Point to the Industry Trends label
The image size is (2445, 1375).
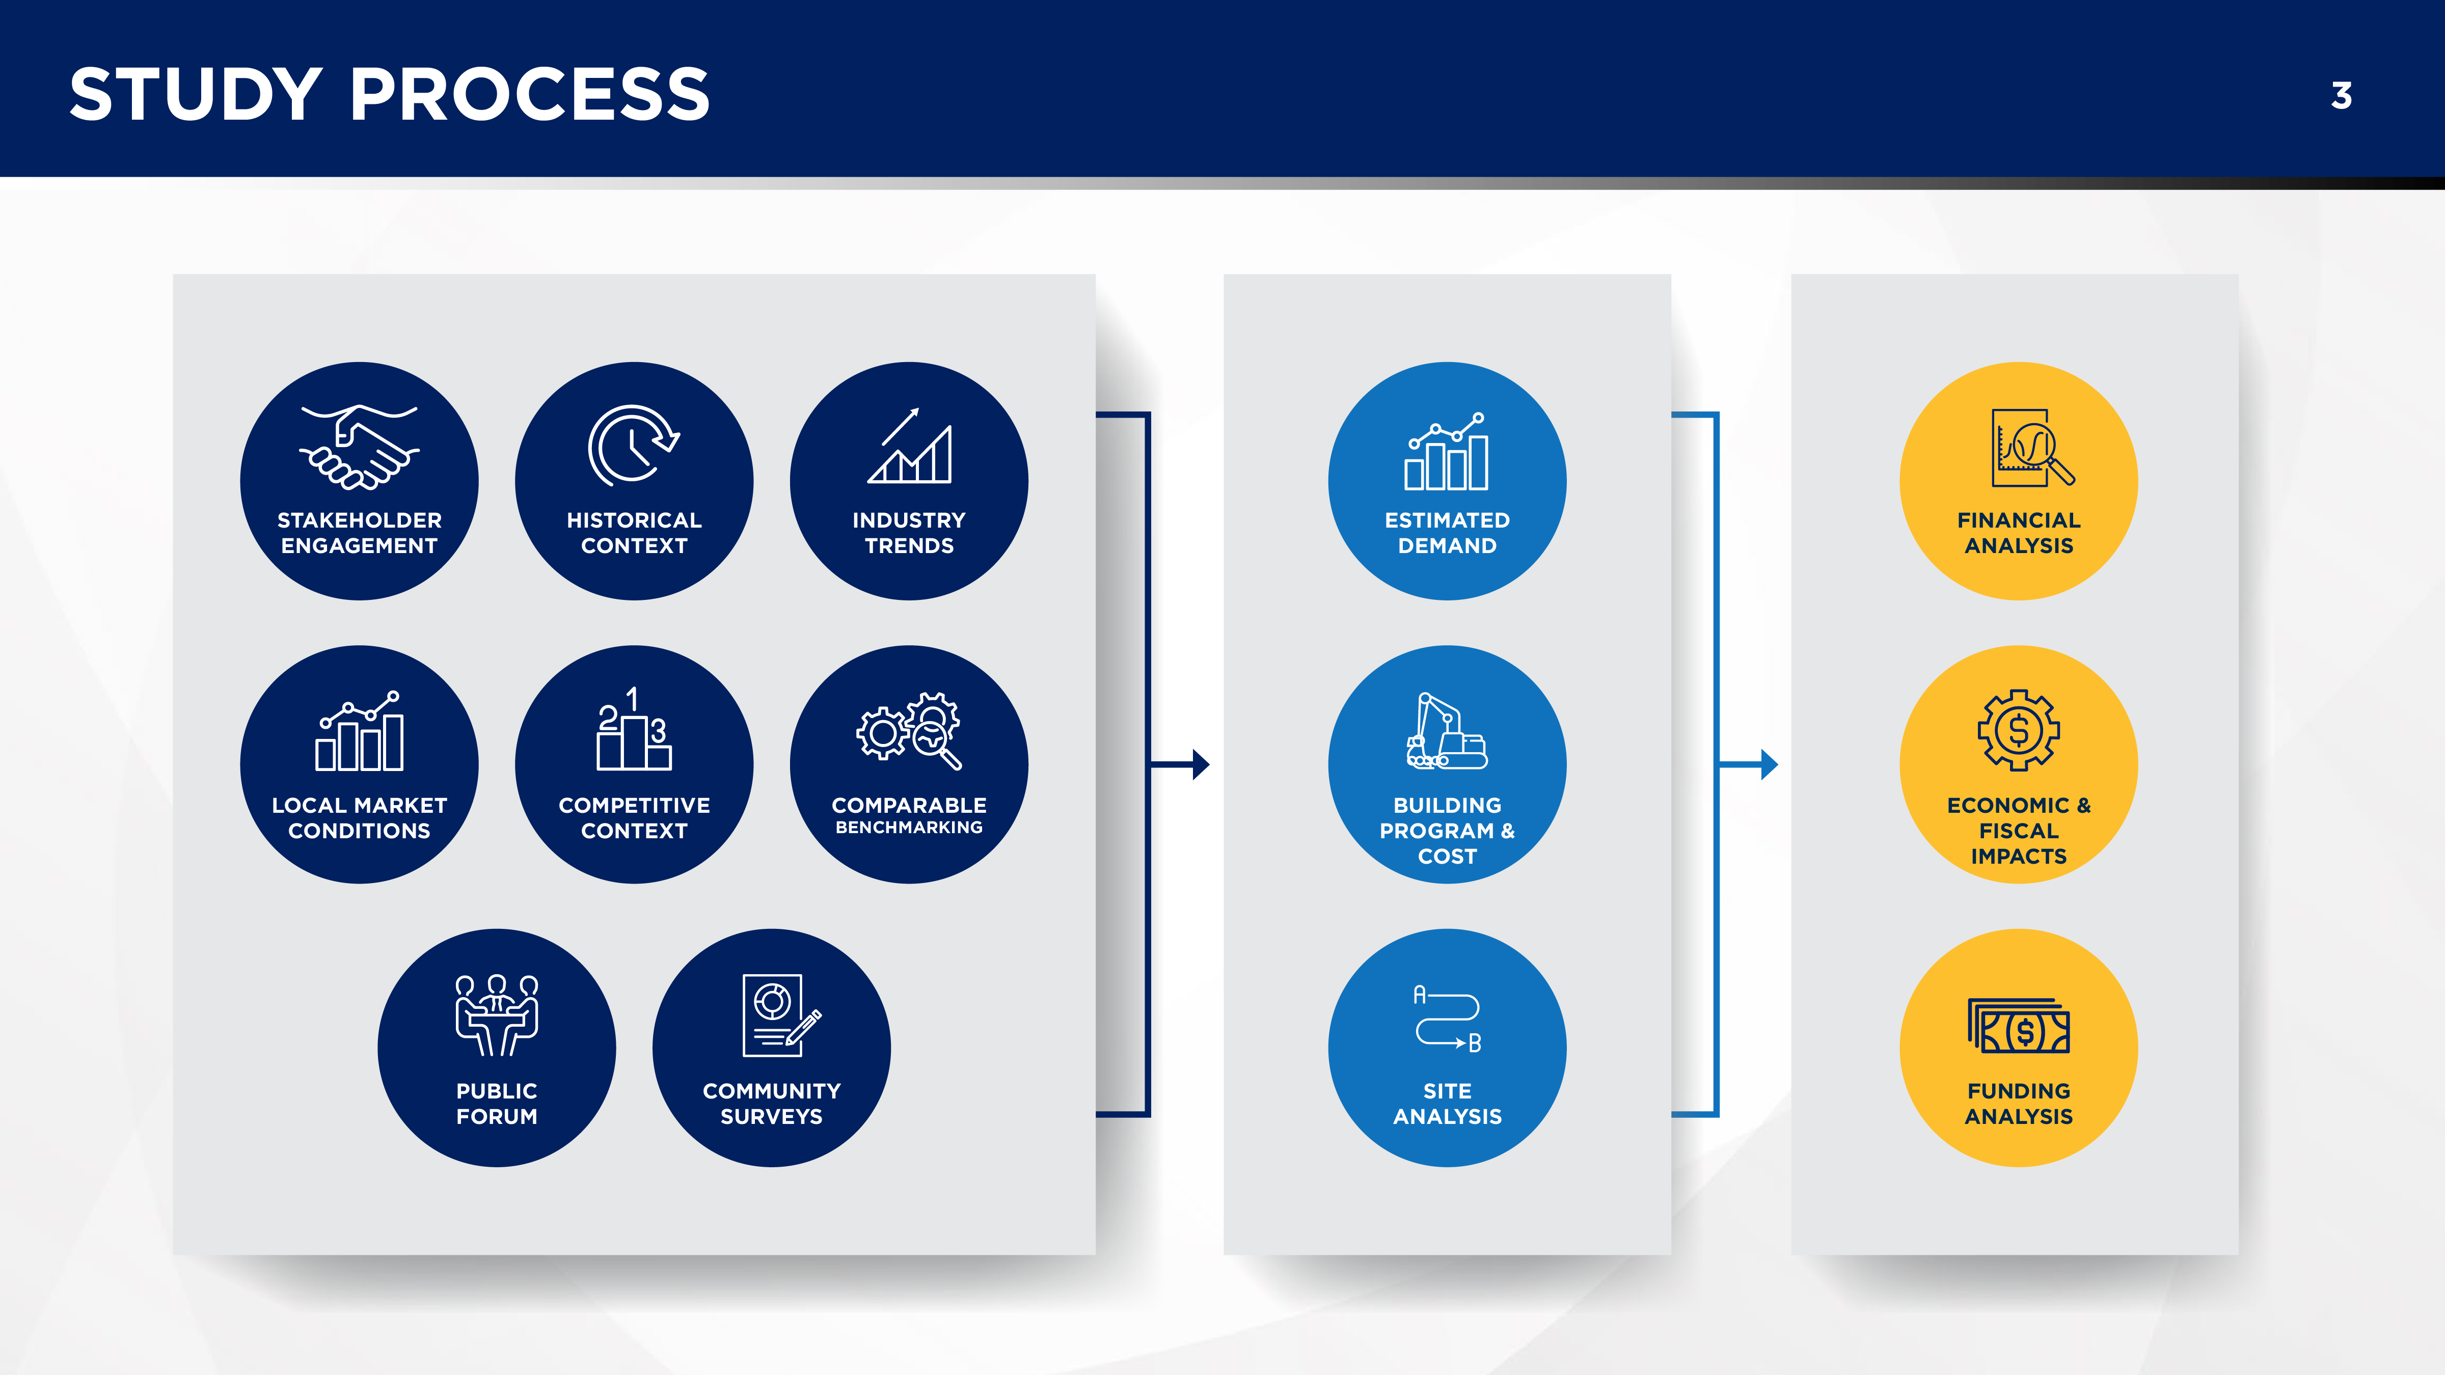click(x=908, y=532)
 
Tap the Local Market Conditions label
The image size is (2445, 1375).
click(x=359, y=817)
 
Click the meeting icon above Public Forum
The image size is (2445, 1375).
click(x=497, y=1014)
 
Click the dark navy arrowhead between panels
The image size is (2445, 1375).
click(x=1201, y=764)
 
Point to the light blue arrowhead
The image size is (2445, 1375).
click(x=1769, y=764)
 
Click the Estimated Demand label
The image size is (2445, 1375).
click(x=1447, y=532)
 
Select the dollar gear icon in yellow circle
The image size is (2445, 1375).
click(x=2018, y=730)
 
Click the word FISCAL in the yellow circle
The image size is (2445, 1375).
click(x=2018, y=830)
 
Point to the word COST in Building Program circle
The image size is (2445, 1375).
click(x=1447, y=856)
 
